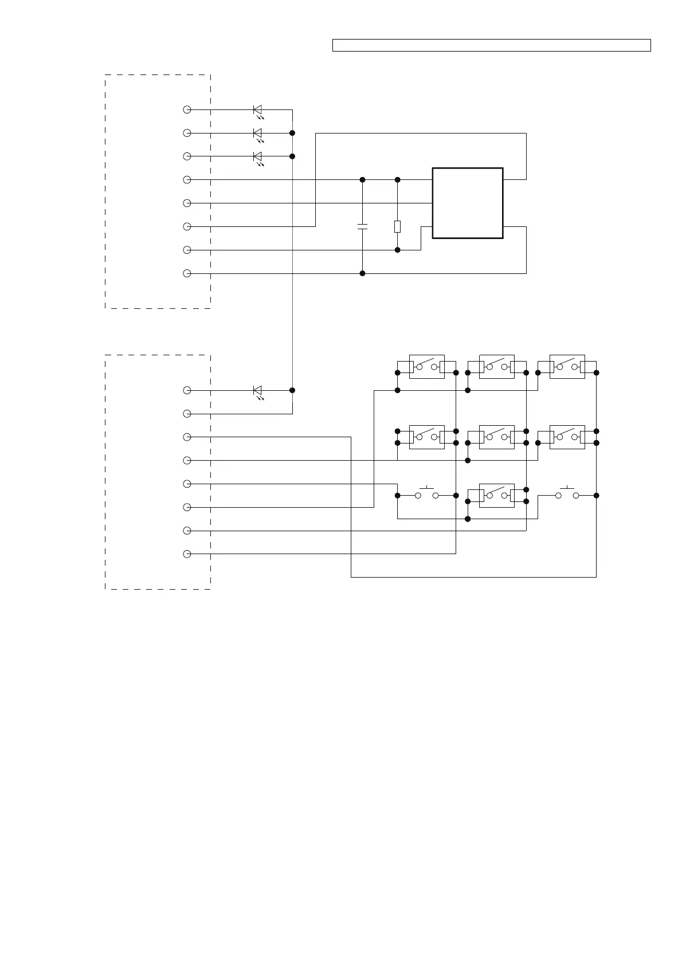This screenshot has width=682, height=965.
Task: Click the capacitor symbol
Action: [362, 226]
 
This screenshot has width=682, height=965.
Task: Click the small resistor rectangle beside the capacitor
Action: [397, 226]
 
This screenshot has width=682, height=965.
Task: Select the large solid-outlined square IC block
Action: [468, 203]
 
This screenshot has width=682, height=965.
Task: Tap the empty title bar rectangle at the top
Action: [491, 45]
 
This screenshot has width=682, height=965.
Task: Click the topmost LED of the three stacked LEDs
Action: [258, 109]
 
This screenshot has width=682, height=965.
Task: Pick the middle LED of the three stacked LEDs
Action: [258, 133]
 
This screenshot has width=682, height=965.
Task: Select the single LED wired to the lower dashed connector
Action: [258, 390]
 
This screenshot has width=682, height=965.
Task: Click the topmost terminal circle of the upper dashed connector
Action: [187, 109]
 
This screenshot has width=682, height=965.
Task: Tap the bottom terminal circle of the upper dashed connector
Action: [187, 273]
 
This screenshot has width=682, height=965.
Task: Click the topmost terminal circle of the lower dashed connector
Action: [187, 390]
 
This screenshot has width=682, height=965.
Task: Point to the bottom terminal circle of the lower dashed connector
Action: [187, 554]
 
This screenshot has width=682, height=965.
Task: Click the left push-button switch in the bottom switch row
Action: [426, 495]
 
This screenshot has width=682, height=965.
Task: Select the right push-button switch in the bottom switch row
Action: [567, 495]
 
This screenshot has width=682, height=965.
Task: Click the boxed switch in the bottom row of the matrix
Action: [496, 495]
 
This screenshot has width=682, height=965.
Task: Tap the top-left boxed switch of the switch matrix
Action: [426, 367]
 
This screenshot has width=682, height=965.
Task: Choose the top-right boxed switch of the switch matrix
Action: [567, 367]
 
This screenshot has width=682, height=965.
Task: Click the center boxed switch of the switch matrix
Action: [496, 437]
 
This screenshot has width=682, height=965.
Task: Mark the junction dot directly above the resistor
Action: [397, 179]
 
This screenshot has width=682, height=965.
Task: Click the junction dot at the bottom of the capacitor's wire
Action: [362, 273]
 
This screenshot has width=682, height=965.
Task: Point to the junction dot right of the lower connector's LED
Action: [292, 390]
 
